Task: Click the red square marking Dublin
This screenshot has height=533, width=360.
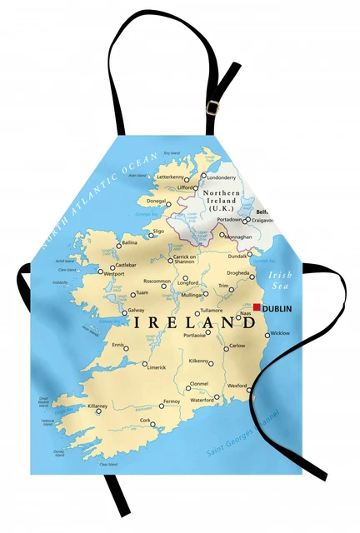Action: pos(257,307)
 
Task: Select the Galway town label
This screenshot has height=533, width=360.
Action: pos(137,311)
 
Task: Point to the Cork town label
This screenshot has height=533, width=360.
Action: pos(146,421)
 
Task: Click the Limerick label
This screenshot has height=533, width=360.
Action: pos(156,367)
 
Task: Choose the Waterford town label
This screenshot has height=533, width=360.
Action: pos(202,400)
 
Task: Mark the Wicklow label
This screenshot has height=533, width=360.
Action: pos(281,333)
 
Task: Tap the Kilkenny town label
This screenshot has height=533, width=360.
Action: pos(199,361)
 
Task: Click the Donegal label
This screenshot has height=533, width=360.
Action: pos(156,201)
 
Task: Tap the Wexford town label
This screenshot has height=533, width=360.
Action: pos(237,386)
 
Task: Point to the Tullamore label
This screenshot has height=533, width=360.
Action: pos(211,311)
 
